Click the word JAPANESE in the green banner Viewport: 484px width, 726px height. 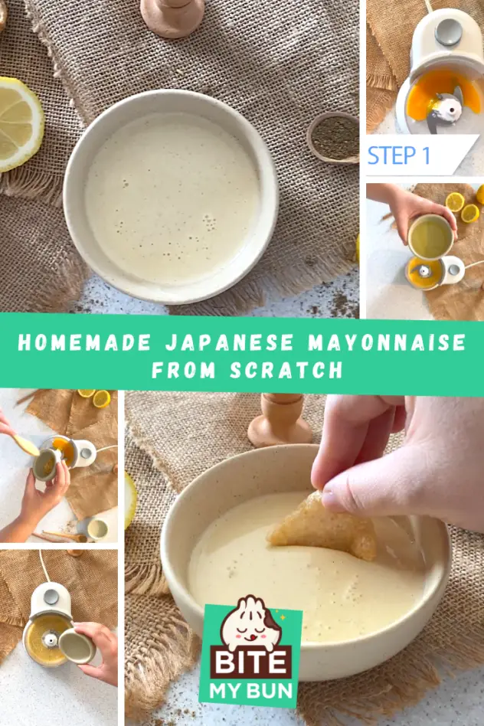pyautogui.click(x=229, y=342)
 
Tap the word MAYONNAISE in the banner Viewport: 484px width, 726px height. pyautogui.click(x=388, y=342)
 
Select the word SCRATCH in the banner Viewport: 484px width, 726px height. pyautogui.click(x=286, y=370)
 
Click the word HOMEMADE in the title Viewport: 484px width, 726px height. pyautogui.click(x=84, y=342)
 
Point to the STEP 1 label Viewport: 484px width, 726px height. pyautogui.click(x=399, y=155)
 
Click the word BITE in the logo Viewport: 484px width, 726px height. pyautogui.click(x=250, y=662)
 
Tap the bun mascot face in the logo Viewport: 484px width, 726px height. pyautogui.click(x=250, y=622)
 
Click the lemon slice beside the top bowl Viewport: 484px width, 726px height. pyautogui.click(x=19, y=123)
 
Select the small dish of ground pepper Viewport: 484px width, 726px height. pyautogui.click(x=334, y=137)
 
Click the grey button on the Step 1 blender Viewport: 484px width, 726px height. pyautogui.click(x=448, y=32)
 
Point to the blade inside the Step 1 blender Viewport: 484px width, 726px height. pyautogui.click(x=443, y=110)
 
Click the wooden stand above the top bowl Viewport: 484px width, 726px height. pyautogui.click(x=173, y=17)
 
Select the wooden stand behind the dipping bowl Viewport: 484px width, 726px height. pyautogui.click(x=280, y=420)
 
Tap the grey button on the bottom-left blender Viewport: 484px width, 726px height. pyautogui.click(x=51, y=597)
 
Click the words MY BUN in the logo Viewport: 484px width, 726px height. pyautogui.click(x=250, y=690)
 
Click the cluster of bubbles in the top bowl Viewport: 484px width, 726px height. pyautogui.click(x=210, y=222)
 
